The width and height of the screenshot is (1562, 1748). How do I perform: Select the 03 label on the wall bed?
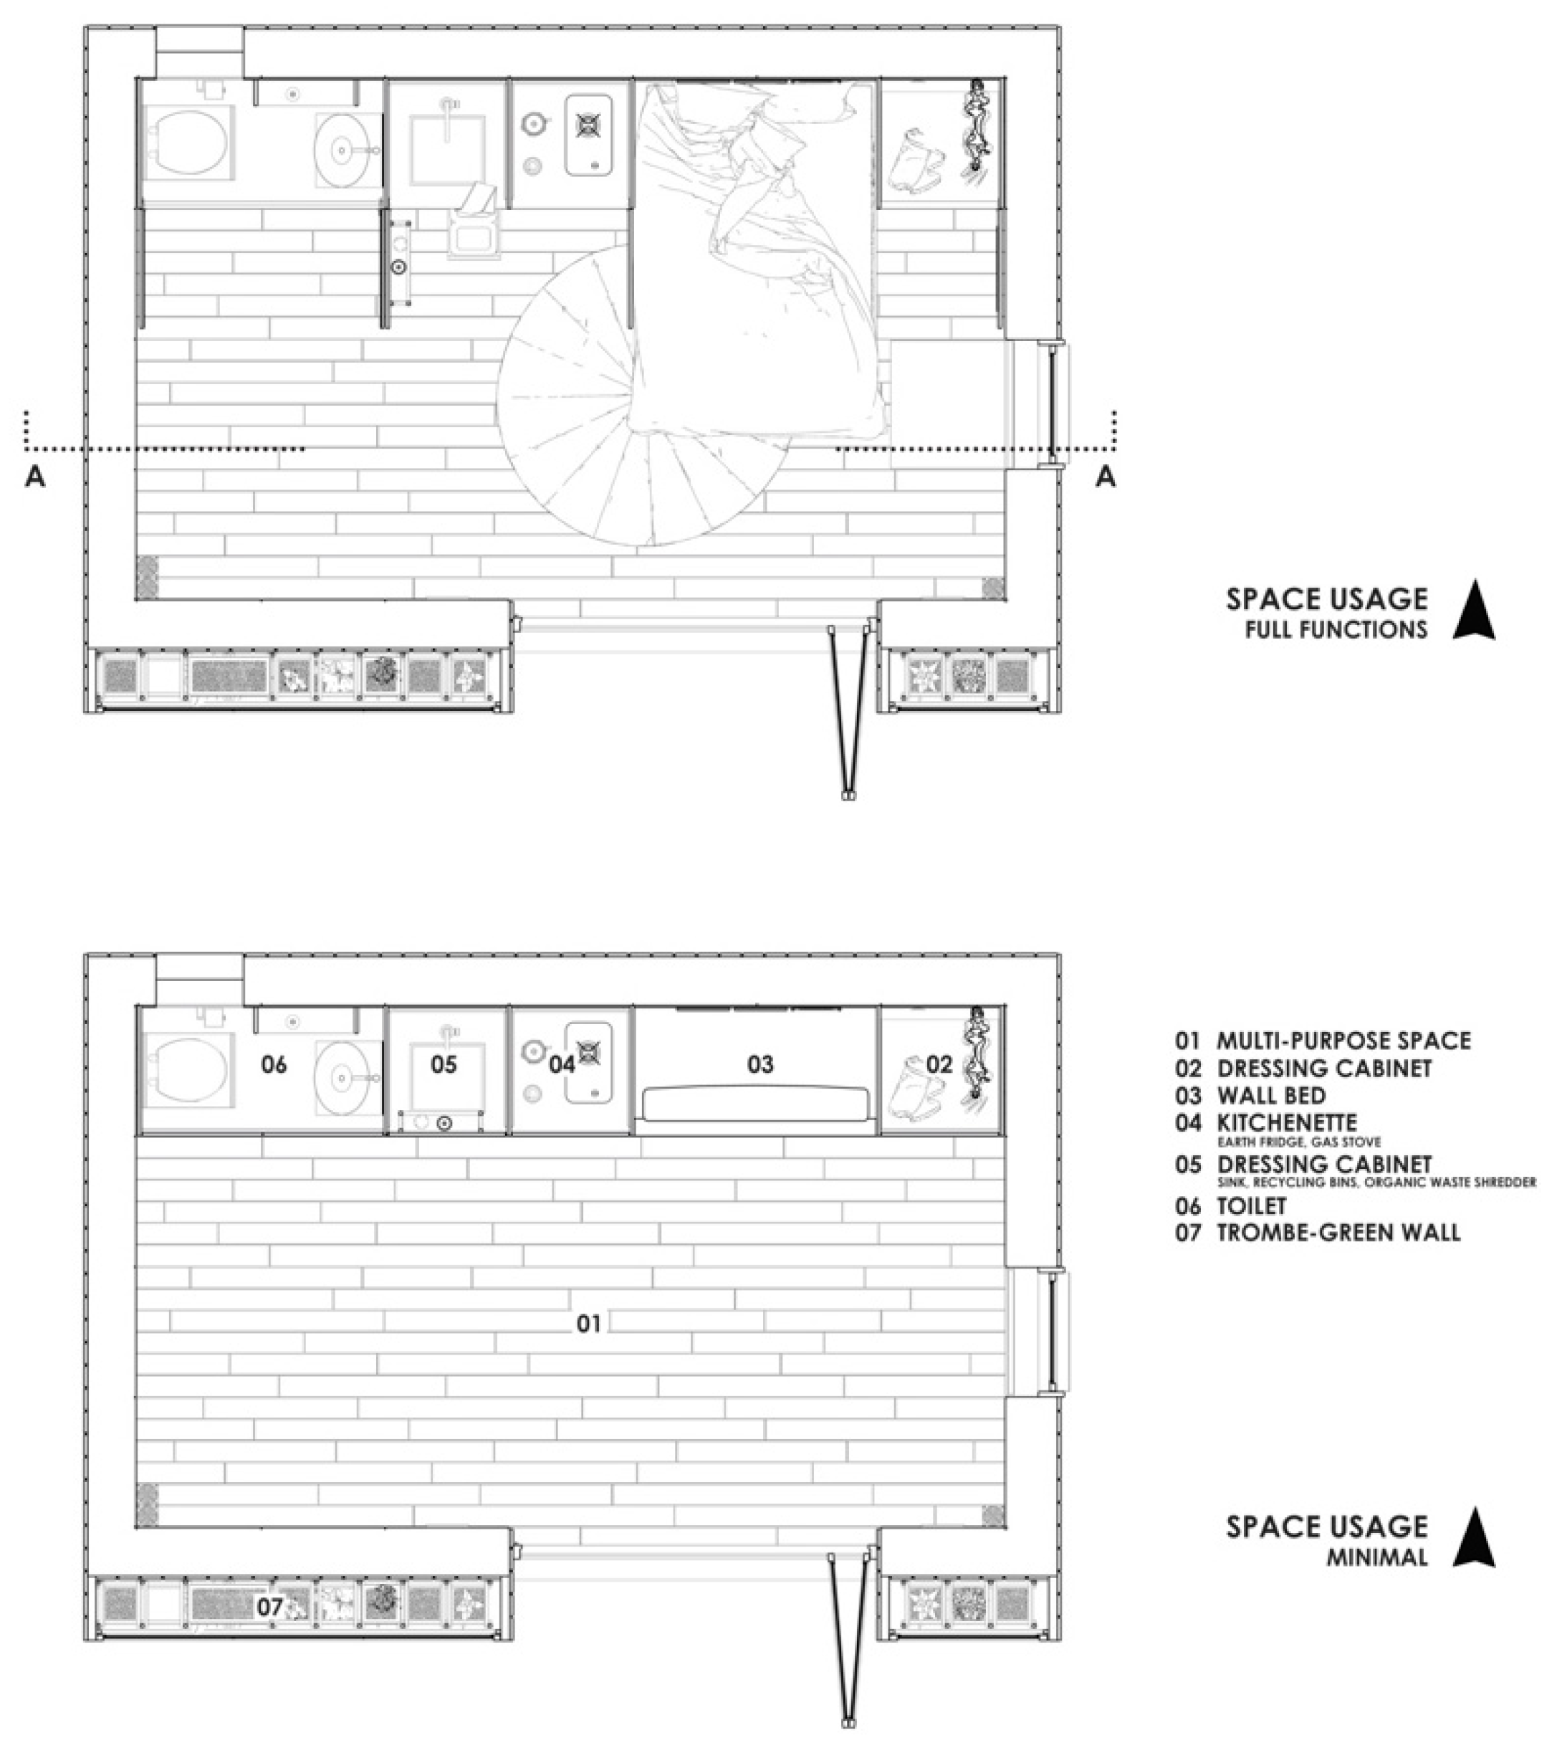coord(760,1064)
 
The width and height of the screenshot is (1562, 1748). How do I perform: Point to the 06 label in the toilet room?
coord(274,1064)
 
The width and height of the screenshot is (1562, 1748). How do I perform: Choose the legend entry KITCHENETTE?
coord(1288,1122)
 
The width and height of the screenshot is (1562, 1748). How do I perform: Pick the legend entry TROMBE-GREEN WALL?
coord(1339,1233)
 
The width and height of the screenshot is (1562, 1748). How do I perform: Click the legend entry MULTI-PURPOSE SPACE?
coord(1344,1041)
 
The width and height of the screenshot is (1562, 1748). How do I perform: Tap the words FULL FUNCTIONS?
coord(1336,629)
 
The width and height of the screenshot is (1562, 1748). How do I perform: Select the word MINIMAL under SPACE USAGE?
coord(1376,1557)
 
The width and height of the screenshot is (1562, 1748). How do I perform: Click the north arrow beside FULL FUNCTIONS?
coord(1474,610)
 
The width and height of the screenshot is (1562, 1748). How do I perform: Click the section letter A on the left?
coord(35,477)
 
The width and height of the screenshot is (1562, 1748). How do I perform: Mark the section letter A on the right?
coord(1106,477)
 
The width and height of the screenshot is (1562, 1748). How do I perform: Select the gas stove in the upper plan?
coord(589,134)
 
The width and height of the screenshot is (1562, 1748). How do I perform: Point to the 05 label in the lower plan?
coord(444,1064)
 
